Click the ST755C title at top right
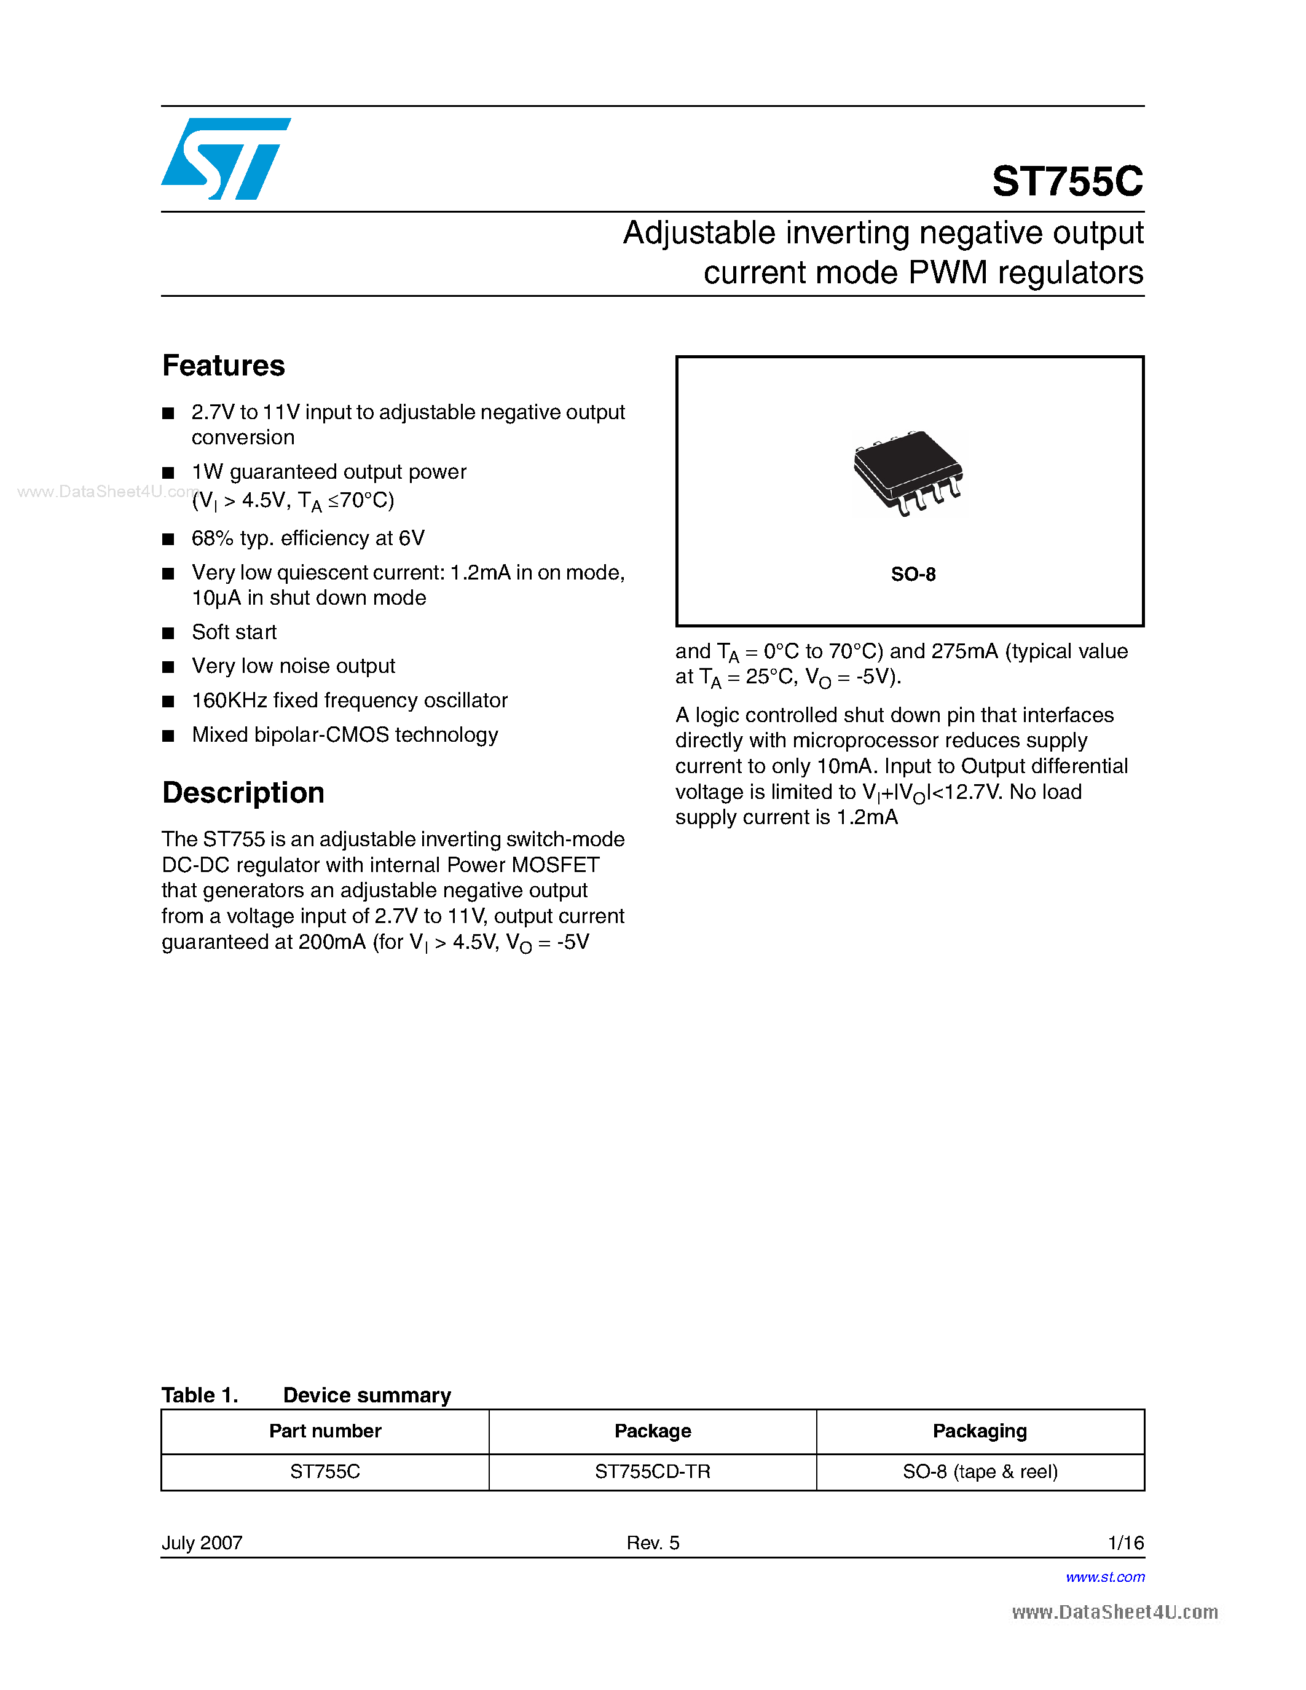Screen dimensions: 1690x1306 click(x=1067, y=181)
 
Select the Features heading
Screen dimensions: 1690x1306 click(x=224, y=365)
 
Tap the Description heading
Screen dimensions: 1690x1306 click(x=243, y=792)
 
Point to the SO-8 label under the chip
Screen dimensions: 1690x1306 click(x=913, y=574)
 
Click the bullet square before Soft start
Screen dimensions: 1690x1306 click(x=168, y=633)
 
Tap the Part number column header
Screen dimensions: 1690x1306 click(x=325, y=1431)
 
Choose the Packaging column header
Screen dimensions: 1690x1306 click(x=980, y=1431)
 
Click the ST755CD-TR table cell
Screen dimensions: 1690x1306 click(x=652, y=1471)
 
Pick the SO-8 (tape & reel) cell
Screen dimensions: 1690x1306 click(x=980, y=1471)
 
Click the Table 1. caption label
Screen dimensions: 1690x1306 click(x=200, y=1395)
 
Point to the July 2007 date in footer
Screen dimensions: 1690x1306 click(x=202, y=1543)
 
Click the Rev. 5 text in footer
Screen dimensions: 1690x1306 click(x=652, y=1543)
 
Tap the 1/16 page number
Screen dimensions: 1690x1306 click(x=1126, y=1543)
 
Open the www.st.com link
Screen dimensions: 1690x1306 click(x=1105, y=1577)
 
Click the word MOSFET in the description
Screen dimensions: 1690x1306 click(x=556, y=865)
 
